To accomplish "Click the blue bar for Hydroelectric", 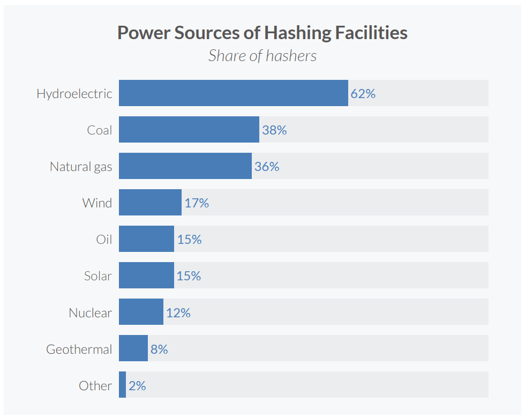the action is pyautogui.click(x=234, y=93).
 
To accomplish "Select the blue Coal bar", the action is pyautogui.click(x=189, y=130).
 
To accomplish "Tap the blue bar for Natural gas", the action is pyautogui.click(x=185, y=166).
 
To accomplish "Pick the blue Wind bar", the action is pyautogui.click(x=150, y=203).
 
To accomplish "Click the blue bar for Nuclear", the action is pyautogui.click(x=141, y=312).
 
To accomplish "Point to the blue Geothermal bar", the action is pyautogui.click(x=133, y=348).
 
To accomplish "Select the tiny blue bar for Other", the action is pyautogui.click(x=122, y=385).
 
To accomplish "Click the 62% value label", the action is pyautogui.click(x=363, y=94).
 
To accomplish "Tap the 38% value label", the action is pyautogui.click(x=274, y=130).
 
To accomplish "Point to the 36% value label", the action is pyautogui.click(x=267, y=167).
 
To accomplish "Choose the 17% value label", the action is pyautogui.click(x=197, y=203).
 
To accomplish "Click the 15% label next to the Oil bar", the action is pyautogui.click(x=189, y=240).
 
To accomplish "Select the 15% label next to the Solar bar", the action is pyautogui.click(x=189, y=277).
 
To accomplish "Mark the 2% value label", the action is pyautogui.click(x=137, y=386).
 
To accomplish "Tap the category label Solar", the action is pyautogui.click(x=97, y=276).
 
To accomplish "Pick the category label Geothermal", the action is pyautogui.click(x=79, y=349).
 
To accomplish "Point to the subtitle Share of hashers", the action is pyautogui.click(x=262, y=56).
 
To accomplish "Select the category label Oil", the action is pyautogui.click(x=104, y=240).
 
